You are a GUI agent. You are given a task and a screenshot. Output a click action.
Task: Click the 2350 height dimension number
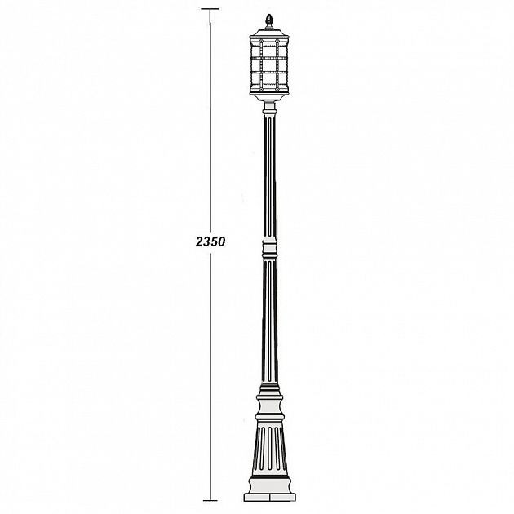coord(210,242)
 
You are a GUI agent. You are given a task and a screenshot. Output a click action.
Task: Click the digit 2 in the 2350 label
coord(199,242)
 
